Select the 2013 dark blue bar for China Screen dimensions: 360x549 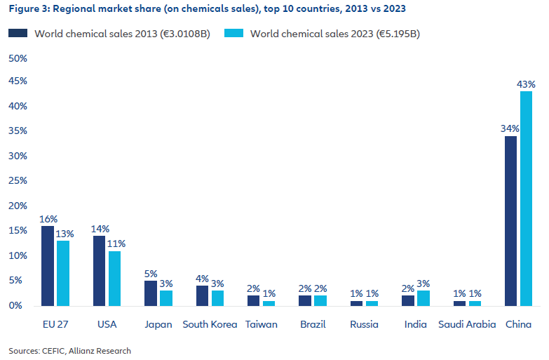point(510,221)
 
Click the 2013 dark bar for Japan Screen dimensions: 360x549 point(151,293)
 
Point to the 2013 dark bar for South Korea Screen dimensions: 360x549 point(202,295)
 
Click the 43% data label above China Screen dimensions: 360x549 point(526,84)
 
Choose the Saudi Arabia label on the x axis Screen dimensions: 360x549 point(467,324)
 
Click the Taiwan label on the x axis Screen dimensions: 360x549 point(262,324)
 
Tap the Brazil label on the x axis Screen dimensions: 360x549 point(313,324)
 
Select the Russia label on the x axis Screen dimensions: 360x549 point(365,324)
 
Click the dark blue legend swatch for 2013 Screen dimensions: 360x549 point(18,33)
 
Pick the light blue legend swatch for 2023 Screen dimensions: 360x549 point(233,33)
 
